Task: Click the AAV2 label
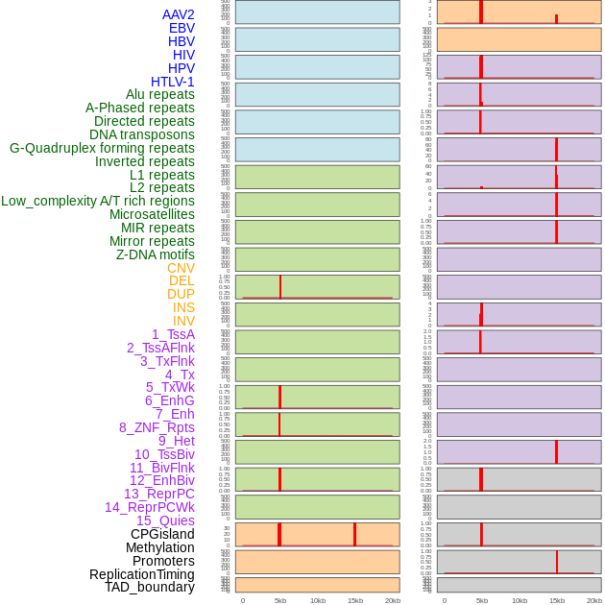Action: coord(179,14)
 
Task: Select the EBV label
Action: coord(181,28)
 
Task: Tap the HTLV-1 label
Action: coord(173,82)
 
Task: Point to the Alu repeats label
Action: coord(160,94)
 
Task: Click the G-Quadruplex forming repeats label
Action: coord(102,148)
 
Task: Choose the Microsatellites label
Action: coord(152,214)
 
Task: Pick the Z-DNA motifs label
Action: coord(156,254)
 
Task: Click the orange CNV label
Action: coord(181,268)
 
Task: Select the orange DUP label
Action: coord(181,294)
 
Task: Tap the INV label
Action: coord(183,321)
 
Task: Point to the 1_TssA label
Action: coord(173,334)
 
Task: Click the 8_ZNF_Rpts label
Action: coord(157,427)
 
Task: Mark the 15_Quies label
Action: coord(165,520)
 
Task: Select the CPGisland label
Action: coord(162,534)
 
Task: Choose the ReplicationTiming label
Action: coord(142,574)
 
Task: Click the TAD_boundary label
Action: coord(150,587)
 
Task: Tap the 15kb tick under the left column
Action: coord(354,600)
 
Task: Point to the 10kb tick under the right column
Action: coord(520,600)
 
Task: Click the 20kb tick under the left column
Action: coord(392,600)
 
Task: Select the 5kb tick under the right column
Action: coord(482,600)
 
